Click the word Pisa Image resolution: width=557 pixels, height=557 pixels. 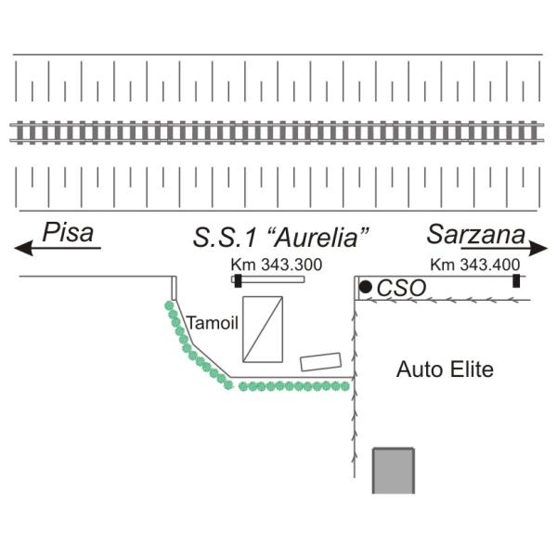click(70, 232)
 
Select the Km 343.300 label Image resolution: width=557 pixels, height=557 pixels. click(277, 265)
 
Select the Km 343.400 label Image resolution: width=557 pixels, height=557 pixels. click(475, 265)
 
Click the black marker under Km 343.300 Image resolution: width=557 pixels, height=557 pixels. click(238, 279)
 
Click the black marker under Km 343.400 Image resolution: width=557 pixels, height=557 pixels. click(516, 280)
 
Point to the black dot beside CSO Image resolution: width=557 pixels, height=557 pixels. click(366, 288)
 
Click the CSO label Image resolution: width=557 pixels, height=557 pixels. click(401, 289)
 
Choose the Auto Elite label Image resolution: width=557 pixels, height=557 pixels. click(445, 369)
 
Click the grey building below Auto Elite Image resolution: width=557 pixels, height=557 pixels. click(393, 471)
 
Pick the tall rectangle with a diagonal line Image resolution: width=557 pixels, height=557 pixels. click(262, 329)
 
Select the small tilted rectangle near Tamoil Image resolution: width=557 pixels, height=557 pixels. click(320, 362)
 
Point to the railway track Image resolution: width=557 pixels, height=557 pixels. click(278, 131)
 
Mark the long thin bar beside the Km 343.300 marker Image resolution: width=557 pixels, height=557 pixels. click(274, 279)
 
